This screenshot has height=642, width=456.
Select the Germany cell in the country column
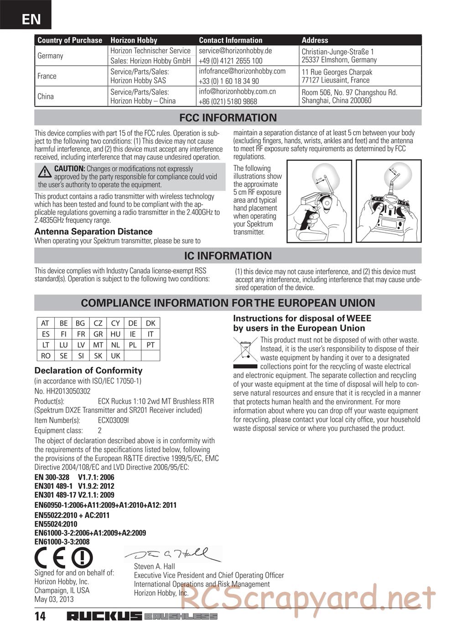50,56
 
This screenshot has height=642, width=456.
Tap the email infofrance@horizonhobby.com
242,71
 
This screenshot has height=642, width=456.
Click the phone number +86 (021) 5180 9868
228,101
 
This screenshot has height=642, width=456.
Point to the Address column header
315,40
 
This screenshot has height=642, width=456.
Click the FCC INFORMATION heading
228,118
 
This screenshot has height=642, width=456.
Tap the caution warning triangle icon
45,172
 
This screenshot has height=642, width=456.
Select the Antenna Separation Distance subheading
93,232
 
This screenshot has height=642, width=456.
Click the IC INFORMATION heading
228,256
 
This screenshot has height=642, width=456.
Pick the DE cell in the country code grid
133,323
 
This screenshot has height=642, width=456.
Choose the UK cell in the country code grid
115,356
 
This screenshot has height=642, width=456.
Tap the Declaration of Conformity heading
88,370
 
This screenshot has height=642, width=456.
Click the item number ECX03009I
114,421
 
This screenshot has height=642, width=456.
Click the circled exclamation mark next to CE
82,558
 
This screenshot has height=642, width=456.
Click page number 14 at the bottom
40,616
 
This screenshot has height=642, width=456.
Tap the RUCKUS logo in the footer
104,616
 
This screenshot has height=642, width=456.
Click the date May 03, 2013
54,599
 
